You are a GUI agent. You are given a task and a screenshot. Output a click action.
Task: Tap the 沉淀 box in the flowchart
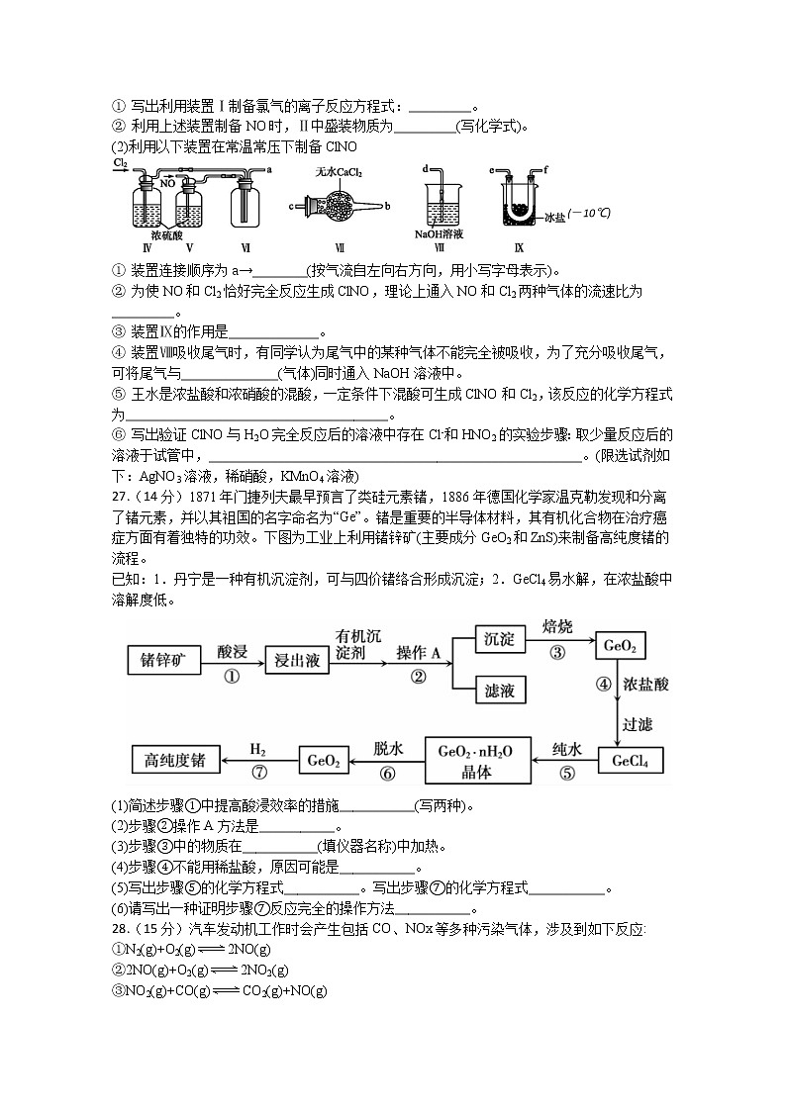tap(499, 640)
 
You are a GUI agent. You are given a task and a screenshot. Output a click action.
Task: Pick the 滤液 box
tap(499, 689)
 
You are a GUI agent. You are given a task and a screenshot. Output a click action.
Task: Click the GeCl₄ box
tap(630, 760)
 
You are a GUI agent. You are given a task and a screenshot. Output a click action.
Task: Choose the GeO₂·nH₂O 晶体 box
tap(478, 760)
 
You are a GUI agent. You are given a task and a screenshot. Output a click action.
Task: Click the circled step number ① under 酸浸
tap(232, 677)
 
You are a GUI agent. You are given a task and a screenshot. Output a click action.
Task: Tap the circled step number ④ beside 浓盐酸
tap(603, 684)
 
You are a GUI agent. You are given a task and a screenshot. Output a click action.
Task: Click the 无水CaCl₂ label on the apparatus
tap(340, 171)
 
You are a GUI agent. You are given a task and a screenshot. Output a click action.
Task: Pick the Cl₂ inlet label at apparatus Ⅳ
tap(120, 161)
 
